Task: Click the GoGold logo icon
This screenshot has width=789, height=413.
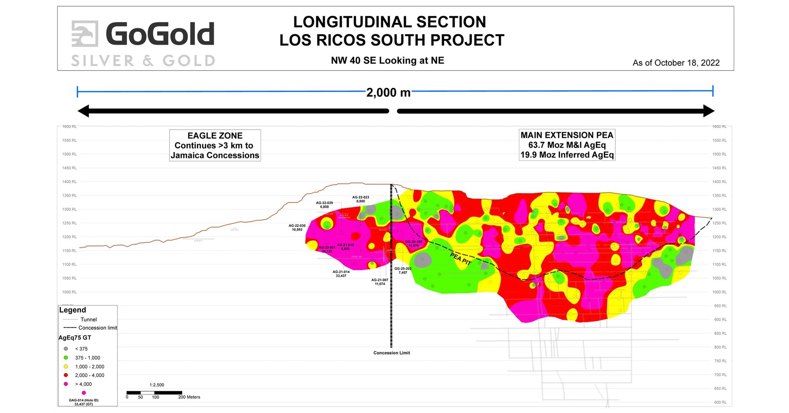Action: tap(85, 34)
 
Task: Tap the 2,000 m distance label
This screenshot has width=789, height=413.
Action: tap(388, 93)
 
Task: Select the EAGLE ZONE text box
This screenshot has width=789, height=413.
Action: tap(215, 145)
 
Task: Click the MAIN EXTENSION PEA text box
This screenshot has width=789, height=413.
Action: tap(567, 145)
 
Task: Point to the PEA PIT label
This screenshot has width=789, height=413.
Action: tap(461, 259)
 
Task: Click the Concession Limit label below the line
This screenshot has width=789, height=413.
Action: tap(391, 353)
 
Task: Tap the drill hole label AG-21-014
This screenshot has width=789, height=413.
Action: tap(341, 274)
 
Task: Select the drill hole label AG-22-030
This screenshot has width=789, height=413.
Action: tap(297, 227)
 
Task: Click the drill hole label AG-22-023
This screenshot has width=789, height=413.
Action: tap(360, 199)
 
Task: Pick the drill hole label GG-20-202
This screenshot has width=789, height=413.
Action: tap(402, 270)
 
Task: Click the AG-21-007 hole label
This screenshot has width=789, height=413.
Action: tap(380, 282)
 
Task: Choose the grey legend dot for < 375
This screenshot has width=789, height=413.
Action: tap(66, 349)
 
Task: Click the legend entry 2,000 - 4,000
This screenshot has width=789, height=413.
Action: tap(89, 375)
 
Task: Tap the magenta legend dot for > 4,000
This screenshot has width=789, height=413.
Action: tap(66, 384)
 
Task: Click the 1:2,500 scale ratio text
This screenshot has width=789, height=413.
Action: tap(157, 385)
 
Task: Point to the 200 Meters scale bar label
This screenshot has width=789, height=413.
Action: tap(189, 397)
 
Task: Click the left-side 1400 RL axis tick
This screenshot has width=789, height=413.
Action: tap(69, 182)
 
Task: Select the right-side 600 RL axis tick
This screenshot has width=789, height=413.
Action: tap(720, 402)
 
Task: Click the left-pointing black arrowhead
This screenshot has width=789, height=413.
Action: tap(83, 111)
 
